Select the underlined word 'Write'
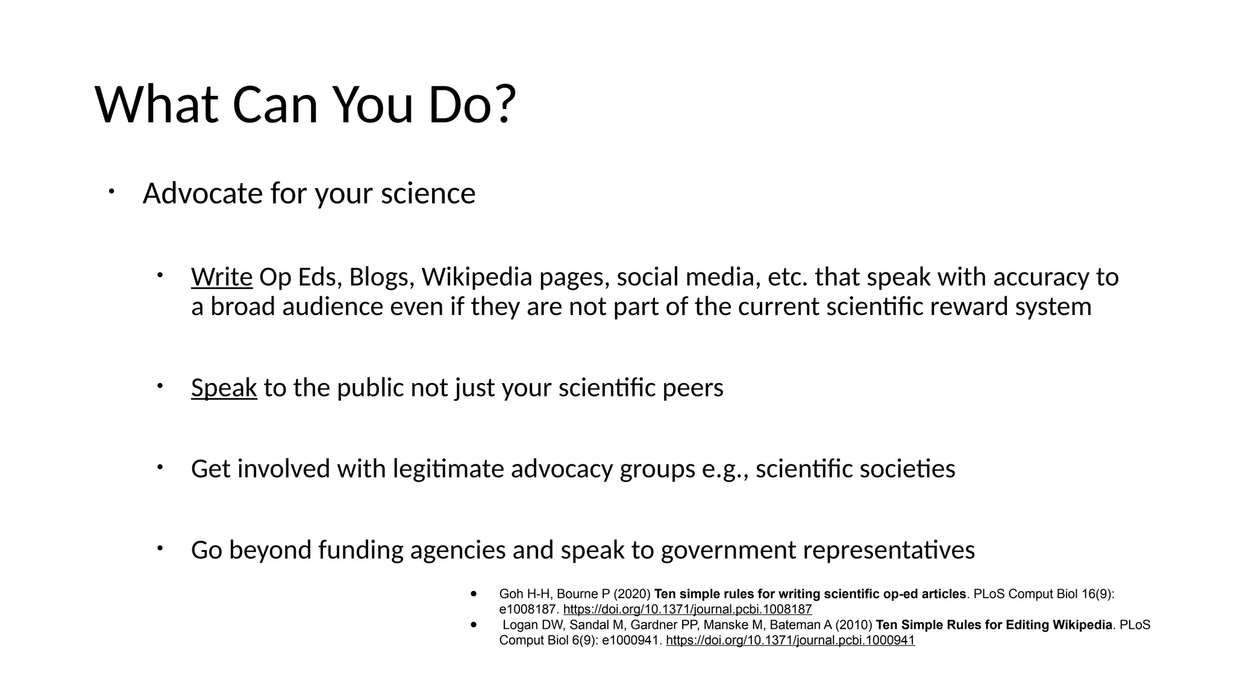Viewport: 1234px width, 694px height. tap(222, 277)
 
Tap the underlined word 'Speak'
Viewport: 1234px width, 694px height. tap(224, 387)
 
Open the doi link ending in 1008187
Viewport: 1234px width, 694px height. tap(687, 610)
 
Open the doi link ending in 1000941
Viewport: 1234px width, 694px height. tap(790, 640)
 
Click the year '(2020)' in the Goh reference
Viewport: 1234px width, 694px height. tap(632, 594)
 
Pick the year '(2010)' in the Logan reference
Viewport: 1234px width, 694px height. tap(854, 625)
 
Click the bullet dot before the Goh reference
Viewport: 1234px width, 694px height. tap(474, 594)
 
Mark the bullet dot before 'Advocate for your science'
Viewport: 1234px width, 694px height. tap(111, 192)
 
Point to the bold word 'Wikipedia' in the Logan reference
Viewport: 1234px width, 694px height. tap(1082, 625)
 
